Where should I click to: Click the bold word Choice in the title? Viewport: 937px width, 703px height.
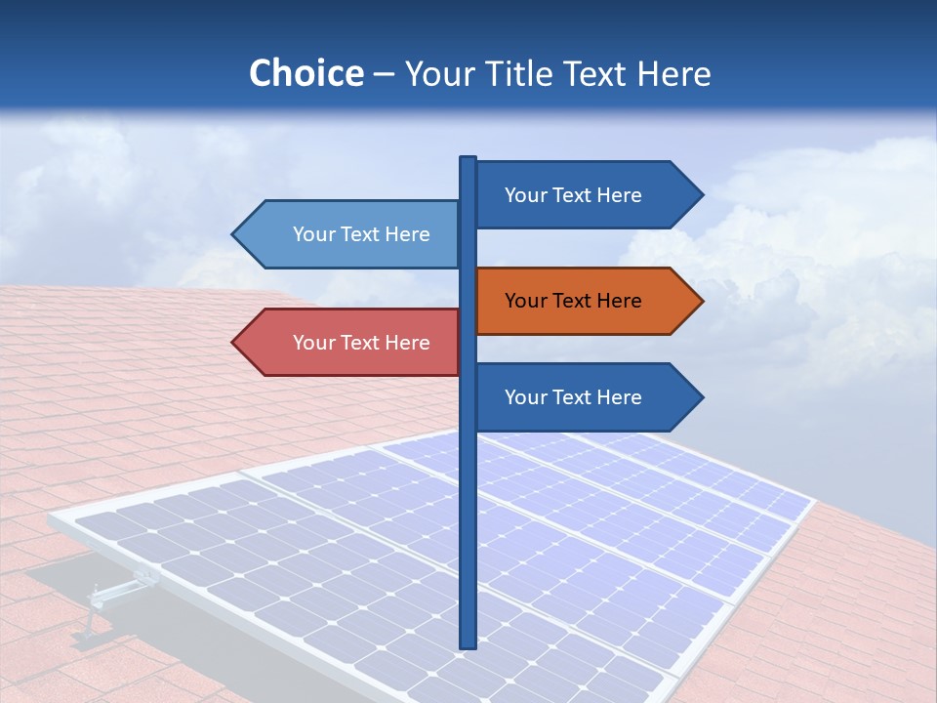tap(306, 74)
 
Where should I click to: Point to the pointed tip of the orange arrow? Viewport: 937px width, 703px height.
tap(701, 301)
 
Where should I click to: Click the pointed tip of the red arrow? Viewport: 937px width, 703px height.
tap(234, 343)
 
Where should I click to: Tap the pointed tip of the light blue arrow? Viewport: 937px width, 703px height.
tap(234, 234)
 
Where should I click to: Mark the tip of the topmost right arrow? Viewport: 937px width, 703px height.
tap(701, 195)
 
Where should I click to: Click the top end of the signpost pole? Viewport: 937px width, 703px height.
tap(468, 159)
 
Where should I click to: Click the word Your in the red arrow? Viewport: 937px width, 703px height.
tap(312, 343)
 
